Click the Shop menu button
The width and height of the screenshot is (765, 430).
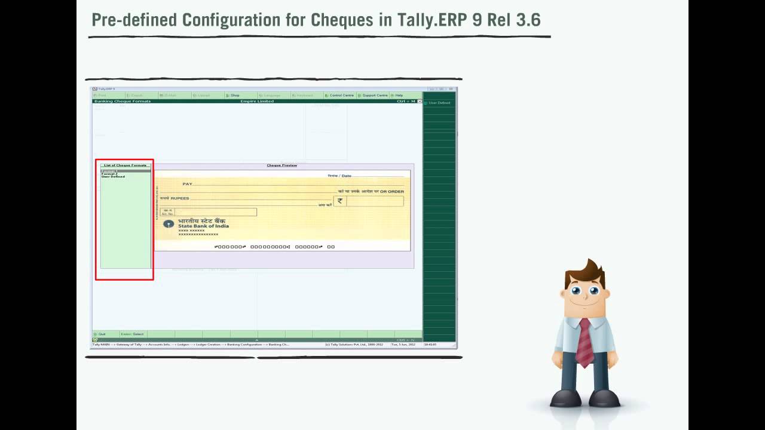tap(234, 96)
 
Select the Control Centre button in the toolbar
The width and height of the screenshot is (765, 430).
tap(341, 96)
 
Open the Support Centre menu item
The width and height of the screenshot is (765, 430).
tap(375, 96)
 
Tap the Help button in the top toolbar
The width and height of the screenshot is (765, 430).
tap(399, 96)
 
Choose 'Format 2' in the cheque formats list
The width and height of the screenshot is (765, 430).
tap(109, 174)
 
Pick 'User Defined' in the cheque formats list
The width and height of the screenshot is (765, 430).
tap(113, 177)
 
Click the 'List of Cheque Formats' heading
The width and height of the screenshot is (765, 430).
tap(125, 165)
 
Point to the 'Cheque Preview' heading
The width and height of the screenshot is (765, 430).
tap(281, 165)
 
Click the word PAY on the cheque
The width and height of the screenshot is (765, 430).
tap(188, 184)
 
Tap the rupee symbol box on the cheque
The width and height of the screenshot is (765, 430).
tap(340, 201)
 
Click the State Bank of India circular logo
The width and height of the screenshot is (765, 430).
tap(169, 224)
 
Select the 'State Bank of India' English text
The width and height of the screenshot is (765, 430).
tap(203, 226)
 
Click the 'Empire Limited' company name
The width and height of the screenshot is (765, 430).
tap(257, 102)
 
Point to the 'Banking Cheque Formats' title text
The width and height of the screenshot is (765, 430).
tap(123, 102)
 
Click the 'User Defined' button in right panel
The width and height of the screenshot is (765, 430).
tap(439, 103)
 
